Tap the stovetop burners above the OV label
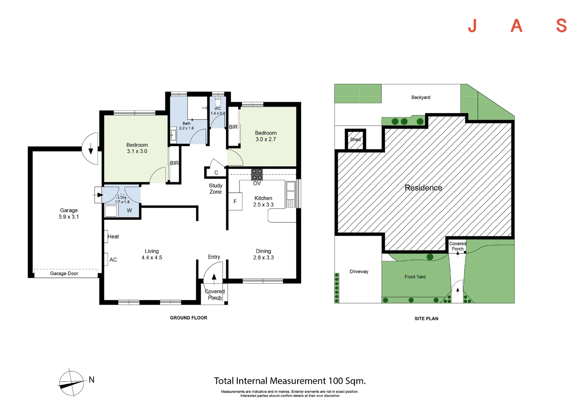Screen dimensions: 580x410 (x=257, y=175)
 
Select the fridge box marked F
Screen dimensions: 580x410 (x=235, y=201)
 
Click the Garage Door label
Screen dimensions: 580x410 (x=64, y=273)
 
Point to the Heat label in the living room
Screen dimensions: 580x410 (x=113, y=237)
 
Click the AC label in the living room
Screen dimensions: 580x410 (x=113, y=260)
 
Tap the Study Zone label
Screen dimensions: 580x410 (x=216, y=189)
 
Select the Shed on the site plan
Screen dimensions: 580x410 (x=355, y=139)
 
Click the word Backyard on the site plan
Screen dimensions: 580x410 (x=421, y=98)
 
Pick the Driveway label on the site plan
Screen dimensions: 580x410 (x=359, y=271)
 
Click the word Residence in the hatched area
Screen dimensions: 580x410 (x=423, y=188)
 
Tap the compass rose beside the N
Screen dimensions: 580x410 (x=72, y=383)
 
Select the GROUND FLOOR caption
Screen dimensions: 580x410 (x=189, y=318)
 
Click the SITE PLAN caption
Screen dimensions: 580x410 (x=426, y=319)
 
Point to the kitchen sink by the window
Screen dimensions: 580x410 (x=290, y=194)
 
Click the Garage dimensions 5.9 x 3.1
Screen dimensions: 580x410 (x=69, y=217)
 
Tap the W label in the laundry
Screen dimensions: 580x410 (x=129, y=211)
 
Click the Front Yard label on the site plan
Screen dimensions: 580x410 (x=415, y=277)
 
